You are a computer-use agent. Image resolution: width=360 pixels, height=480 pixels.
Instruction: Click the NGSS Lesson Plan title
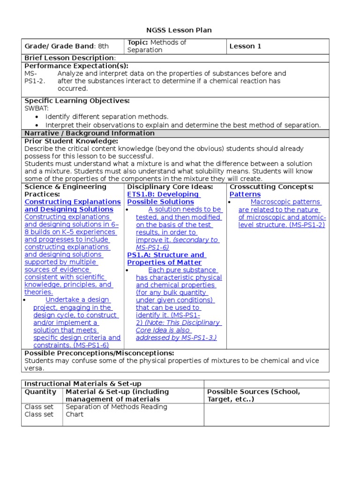click(x=180, y=30)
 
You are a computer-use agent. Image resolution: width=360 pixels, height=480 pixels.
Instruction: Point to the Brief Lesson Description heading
click(x=70, y=58)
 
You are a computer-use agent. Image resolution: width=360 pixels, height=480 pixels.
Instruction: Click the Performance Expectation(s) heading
click(x=76, y=66)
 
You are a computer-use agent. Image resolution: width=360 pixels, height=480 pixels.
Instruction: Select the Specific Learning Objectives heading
click(x=77, y=101)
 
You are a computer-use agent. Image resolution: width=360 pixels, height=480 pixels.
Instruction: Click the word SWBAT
click(x=37, y=108)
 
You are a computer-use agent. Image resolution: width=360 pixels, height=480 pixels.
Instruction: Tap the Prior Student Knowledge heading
click(x=71, y=141)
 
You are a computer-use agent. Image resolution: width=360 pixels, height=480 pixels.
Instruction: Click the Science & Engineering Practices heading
click(x=65, y=190)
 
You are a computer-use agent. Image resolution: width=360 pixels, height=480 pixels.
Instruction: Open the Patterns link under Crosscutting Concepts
click(x=245, y=194)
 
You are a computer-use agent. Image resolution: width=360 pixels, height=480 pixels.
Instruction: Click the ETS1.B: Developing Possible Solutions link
click(x=163, y=198)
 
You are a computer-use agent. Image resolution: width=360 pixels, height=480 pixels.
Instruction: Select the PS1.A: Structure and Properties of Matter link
click(x=166, y=259)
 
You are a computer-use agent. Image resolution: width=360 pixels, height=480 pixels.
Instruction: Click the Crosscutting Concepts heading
click(x=271, y=187)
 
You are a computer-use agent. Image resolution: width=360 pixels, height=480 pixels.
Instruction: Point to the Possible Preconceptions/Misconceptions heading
click(x=99, y=353)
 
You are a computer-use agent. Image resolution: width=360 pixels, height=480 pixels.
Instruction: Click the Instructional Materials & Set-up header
click(x=82, y=384)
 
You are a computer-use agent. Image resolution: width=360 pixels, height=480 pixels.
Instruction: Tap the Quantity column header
click(x=40, y=391)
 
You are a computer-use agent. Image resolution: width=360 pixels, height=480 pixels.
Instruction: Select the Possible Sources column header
click(x=253, y=395)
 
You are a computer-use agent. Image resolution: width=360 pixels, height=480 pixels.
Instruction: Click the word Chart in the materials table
click(x=75, y=414)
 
